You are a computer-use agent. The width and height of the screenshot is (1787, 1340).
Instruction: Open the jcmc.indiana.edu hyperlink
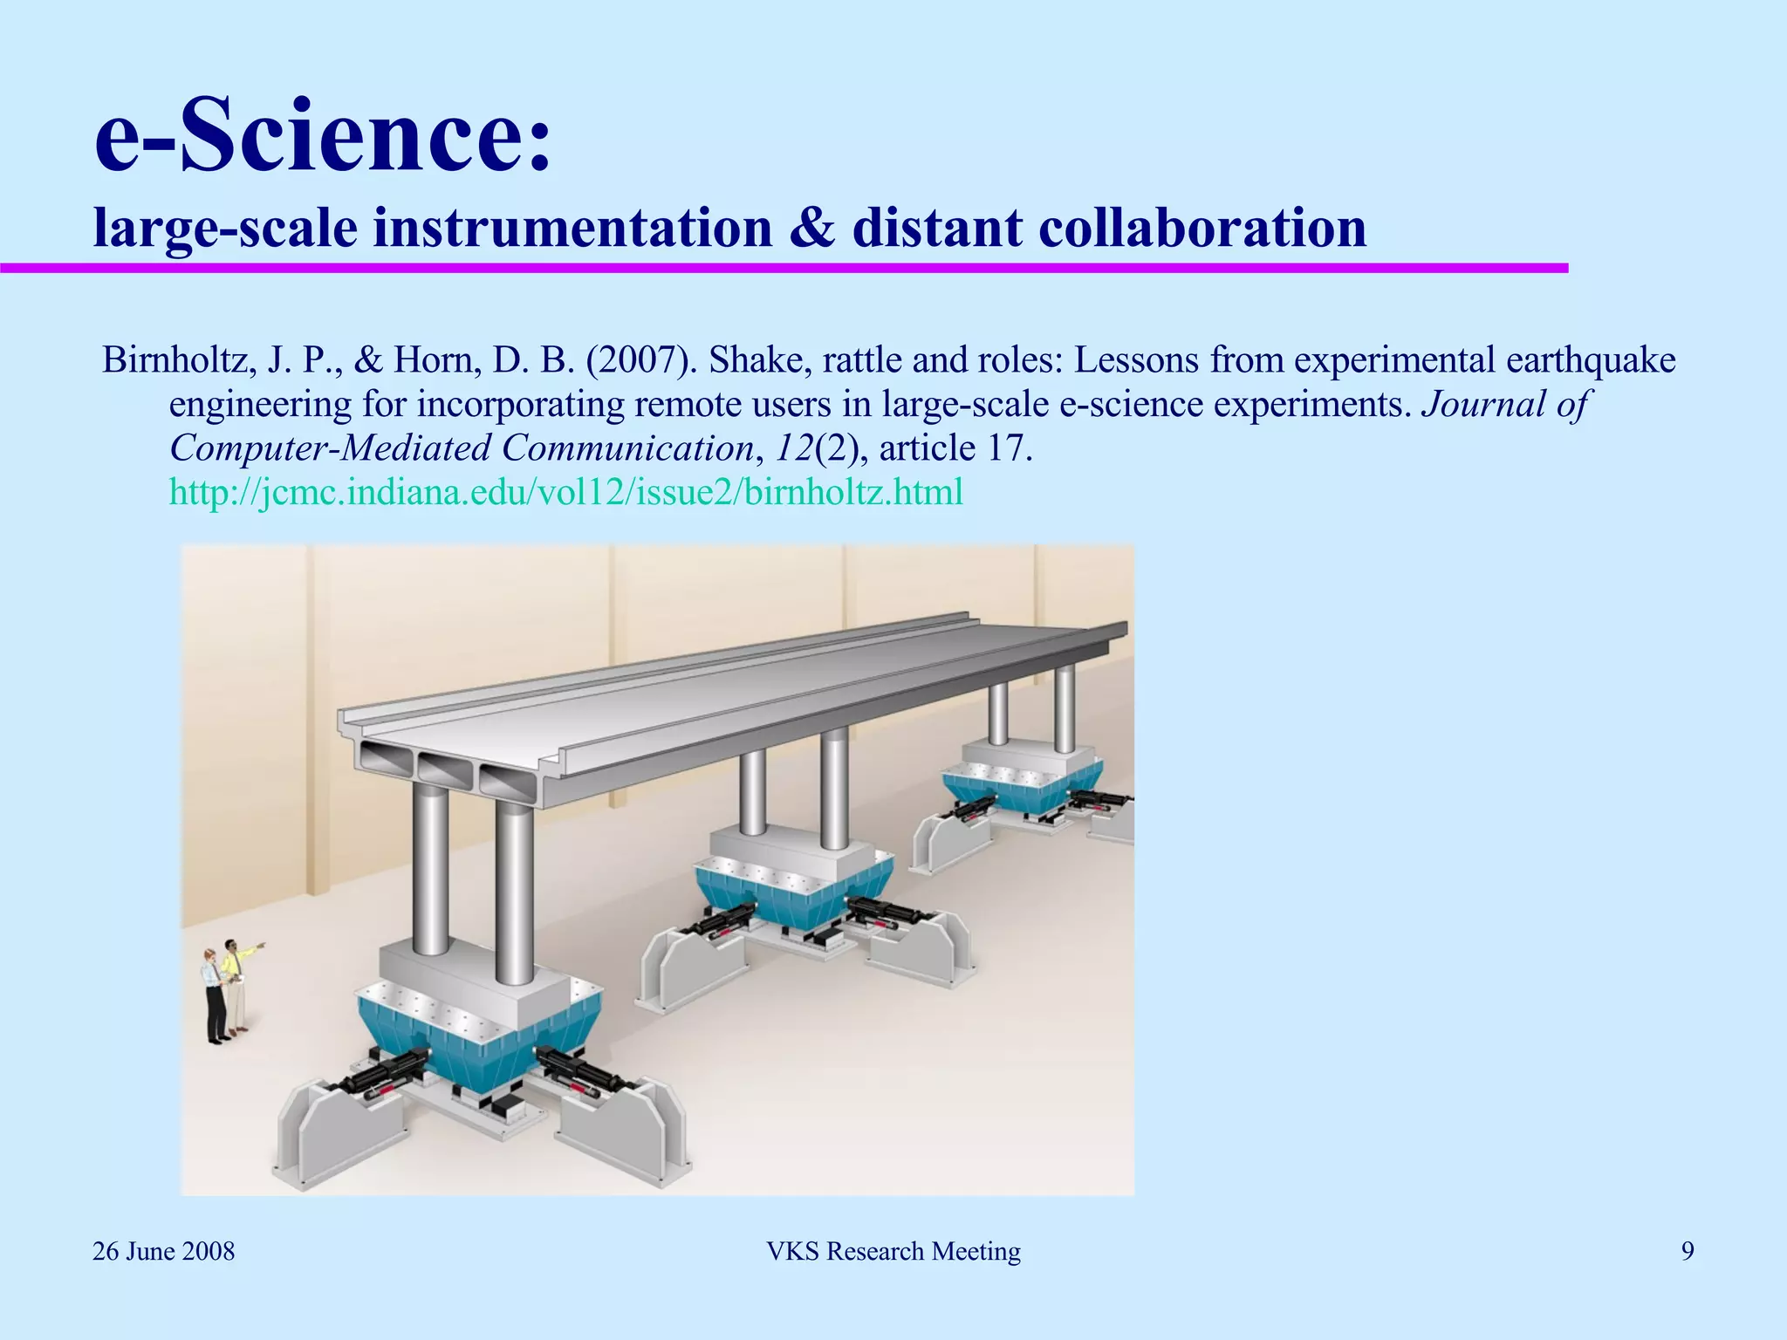pos(565,492)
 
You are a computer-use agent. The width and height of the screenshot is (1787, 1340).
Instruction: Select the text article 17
pos(956,448)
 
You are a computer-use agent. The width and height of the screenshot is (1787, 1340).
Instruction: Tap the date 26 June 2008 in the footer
pos(163,1251)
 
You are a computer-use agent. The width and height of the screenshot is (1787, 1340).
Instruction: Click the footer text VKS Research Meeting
pos(893,1251)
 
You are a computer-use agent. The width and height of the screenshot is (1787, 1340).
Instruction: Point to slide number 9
pos(1688,1251)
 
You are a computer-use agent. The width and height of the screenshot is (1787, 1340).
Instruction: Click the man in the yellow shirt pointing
pos(234,977)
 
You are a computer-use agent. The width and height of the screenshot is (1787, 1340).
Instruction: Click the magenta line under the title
pos(785,268)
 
